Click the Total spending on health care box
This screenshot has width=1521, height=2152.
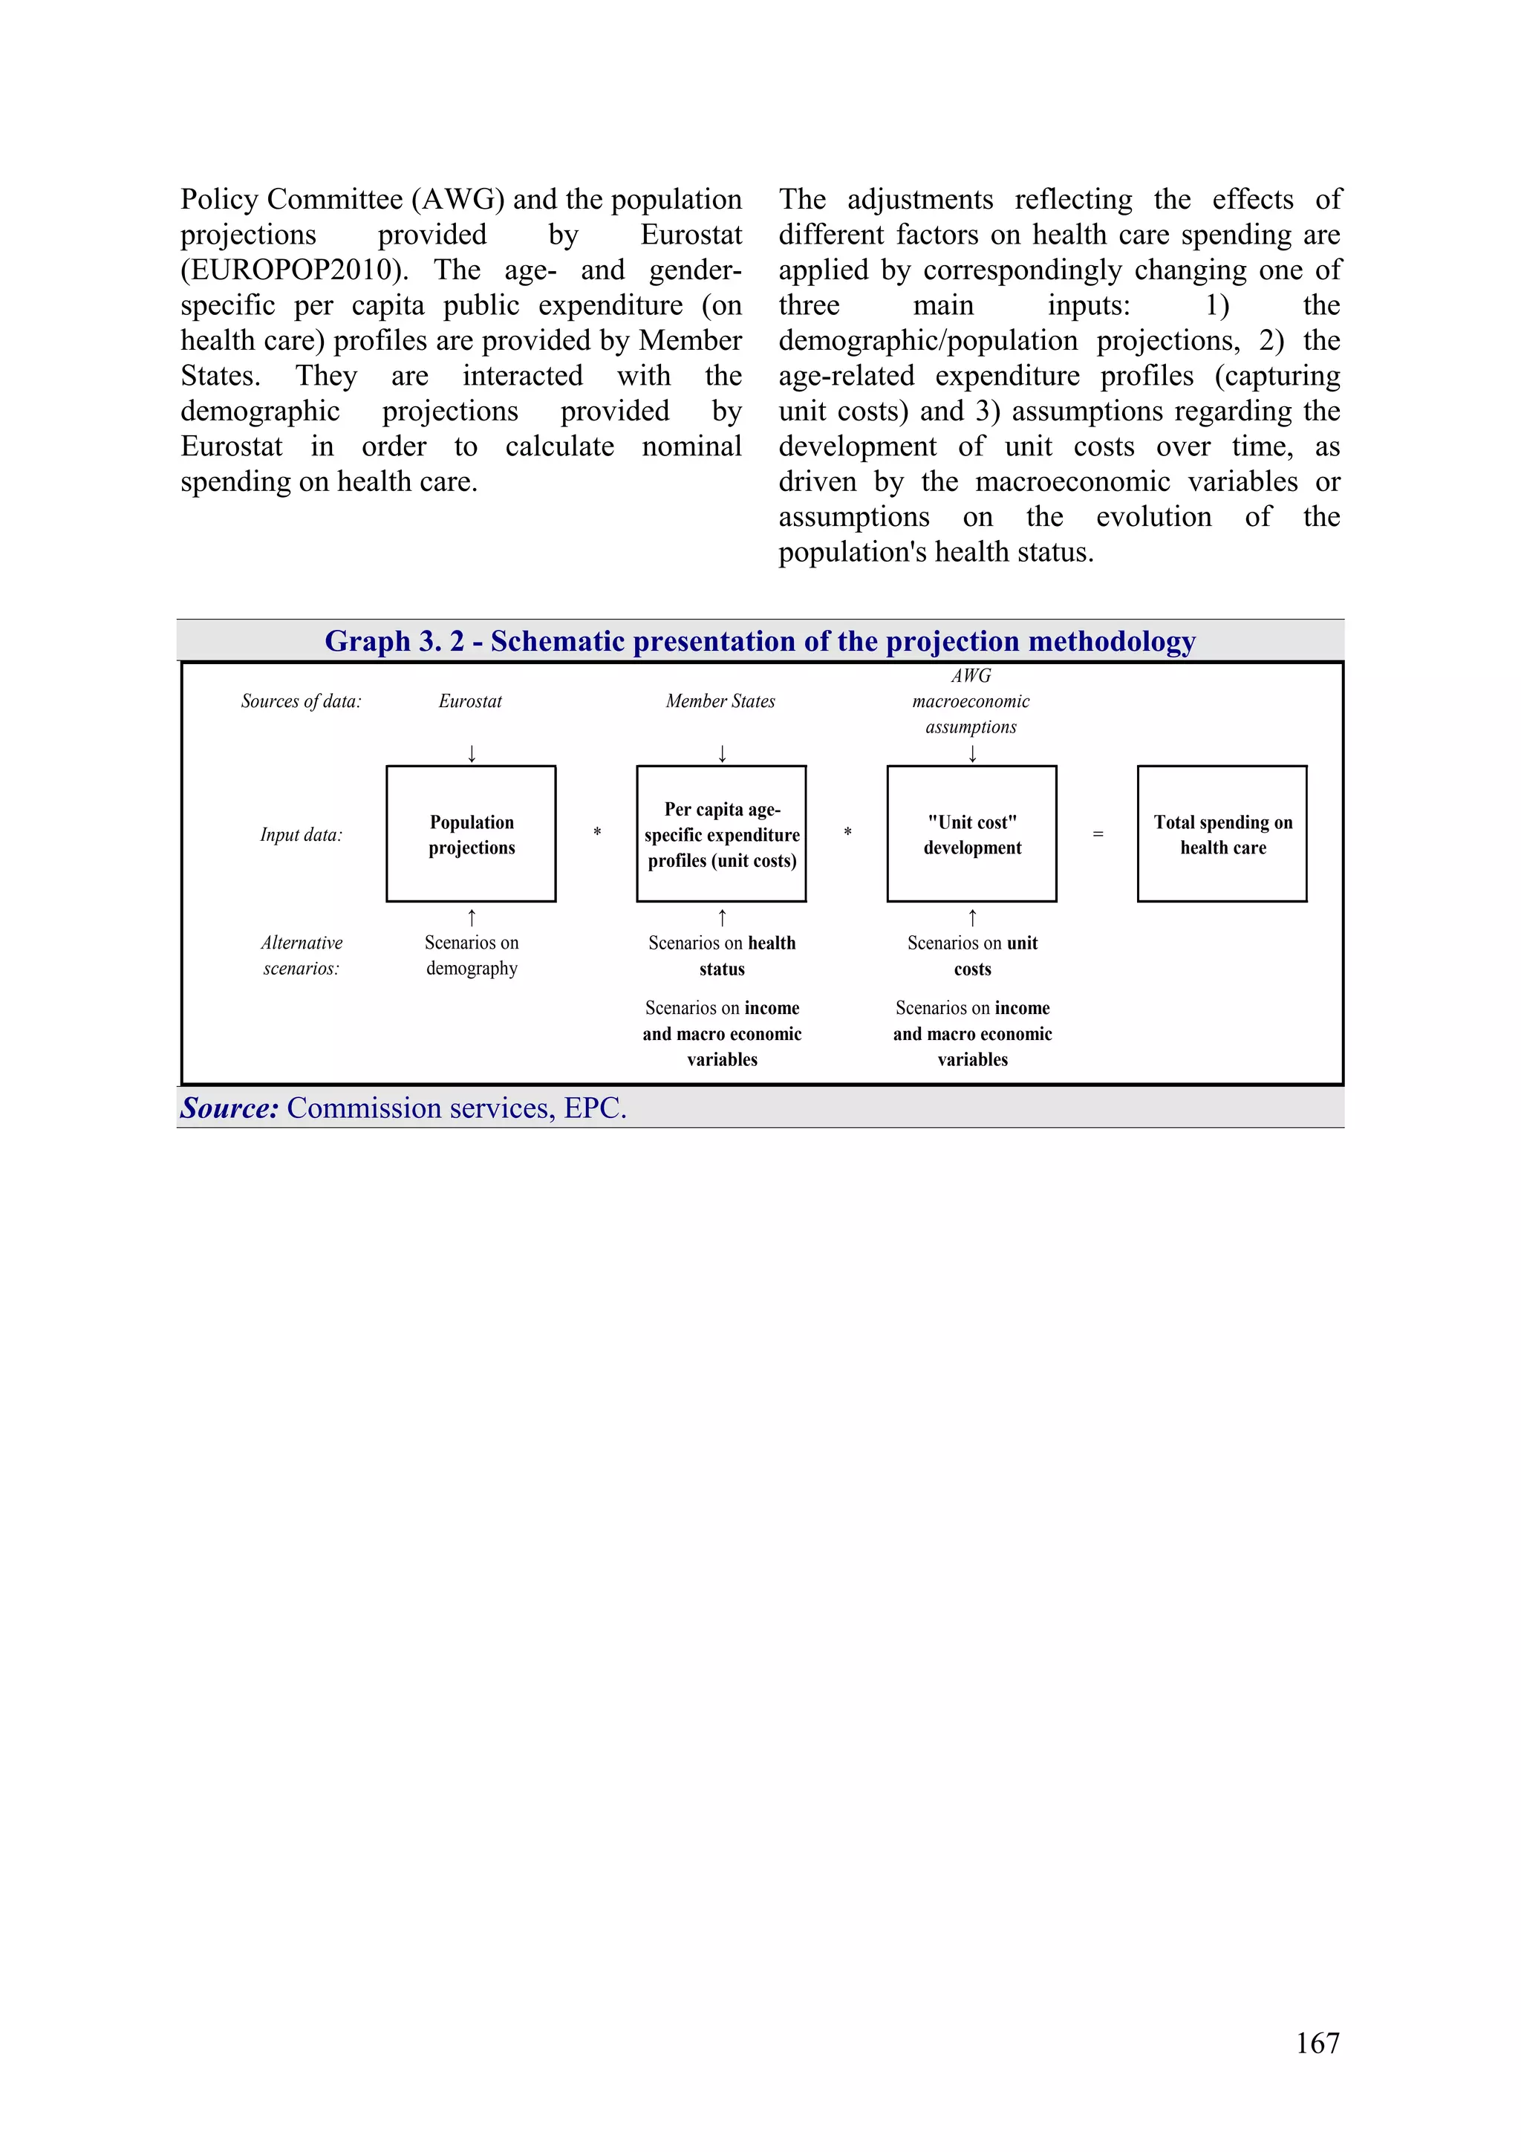pos(1221,833)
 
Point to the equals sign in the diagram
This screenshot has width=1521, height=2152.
pos(1098,833)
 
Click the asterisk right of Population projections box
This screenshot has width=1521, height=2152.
pos(597,832)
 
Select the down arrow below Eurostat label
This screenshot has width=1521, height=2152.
pos(472,752)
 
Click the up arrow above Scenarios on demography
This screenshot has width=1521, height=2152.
pos(472,917)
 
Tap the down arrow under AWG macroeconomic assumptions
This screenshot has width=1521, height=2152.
pos(972,752)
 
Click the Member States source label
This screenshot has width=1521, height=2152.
pos(720,701)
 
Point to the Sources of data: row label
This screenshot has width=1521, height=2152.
pos(301,701)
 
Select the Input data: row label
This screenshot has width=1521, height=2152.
pos(301,834)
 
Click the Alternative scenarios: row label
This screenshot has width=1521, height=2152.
pos(301,955)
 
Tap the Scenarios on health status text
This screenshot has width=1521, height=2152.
pos(722,955)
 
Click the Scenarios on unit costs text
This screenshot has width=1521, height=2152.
pos(972,955)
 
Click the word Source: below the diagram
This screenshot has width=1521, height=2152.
pos(229,1108)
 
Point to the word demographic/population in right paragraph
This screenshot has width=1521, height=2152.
pos(927,340)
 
